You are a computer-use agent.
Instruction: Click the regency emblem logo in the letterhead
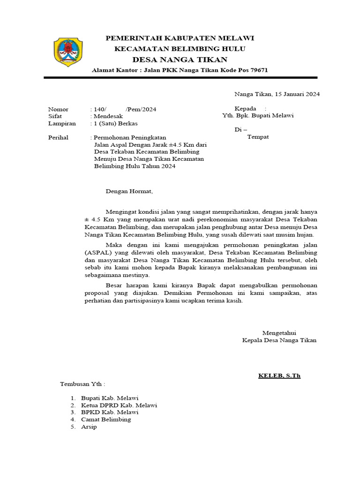(x=69, y=52)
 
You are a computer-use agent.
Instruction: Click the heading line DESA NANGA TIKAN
(x=180, y=59)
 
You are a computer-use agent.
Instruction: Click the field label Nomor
(x=58, y=109)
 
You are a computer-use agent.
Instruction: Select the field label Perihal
(x=59, y=137)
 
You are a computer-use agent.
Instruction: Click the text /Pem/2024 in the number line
(x=141, y=109)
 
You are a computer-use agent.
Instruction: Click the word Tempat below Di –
(x=258, y=137)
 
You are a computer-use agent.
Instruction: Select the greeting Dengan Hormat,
(x=129, y=191)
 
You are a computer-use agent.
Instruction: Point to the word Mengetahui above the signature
(x=279, y=332)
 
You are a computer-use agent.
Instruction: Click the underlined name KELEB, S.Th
(x=279, y=376)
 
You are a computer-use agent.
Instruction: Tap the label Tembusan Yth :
(x=82, y=384)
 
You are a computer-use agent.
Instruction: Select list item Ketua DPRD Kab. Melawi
(x=119, y=405)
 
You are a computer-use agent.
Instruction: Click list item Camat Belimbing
(x=106, y=419)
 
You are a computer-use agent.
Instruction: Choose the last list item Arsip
(x=89, y=427)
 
